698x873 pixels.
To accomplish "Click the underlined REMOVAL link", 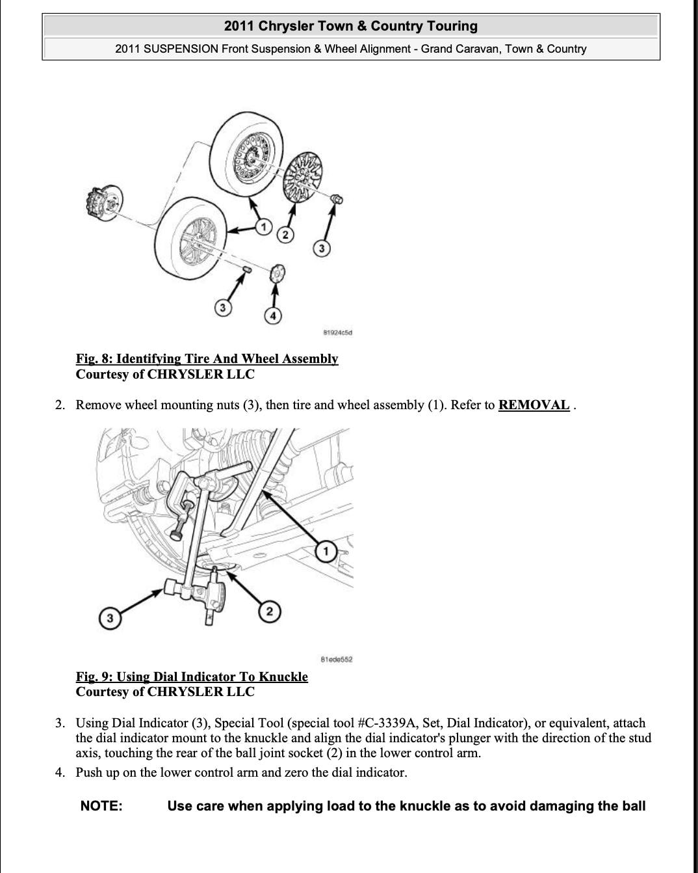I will (534, 405).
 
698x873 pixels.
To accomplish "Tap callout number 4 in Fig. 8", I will (273, 316).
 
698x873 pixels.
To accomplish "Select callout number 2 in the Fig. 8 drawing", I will (285, 235).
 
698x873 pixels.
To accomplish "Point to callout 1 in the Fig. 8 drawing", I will (263, 227).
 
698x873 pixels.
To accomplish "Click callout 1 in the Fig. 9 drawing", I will (326, 552).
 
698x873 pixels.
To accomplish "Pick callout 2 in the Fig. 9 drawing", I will (270, 611).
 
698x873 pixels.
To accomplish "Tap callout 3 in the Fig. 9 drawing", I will (109, 618).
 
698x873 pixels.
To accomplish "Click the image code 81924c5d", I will (337, 333).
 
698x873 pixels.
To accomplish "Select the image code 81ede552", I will (337, 659).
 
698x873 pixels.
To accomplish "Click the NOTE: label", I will (101, 806).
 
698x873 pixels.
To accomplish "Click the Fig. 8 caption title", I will (207, 358).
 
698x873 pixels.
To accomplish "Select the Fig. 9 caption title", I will (192, 677).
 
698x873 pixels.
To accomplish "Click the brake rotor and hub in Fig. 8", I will (104, 202).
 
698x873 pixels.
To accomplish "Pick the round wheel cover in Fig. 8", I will (304, 176).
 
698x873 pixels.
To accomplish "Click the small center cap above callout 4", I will (278, 273).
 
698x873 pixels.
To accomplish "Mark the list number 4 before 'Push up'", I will (60, 772).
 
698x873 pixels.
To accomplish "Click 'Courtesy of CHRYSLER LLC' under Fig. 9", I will (165, 692).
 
